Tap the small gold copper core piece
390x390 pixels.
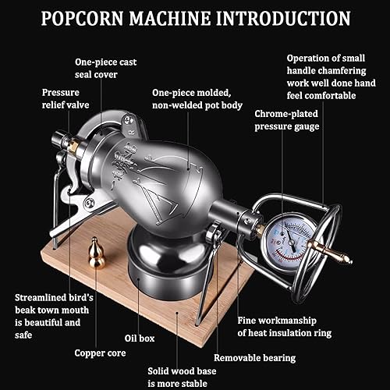97,253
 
